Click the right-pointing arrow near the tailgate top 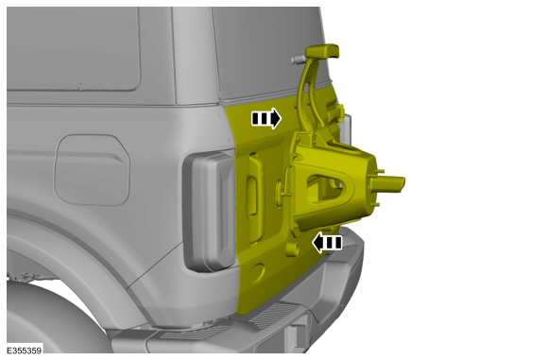[x=265, y=118]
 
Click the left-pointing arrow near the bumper [x=328, y=243]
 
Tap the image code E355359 [x=23, y=351]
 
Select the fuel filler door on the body [x=92, y=170]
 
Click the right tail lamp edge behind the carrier [x=346, y=128]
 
